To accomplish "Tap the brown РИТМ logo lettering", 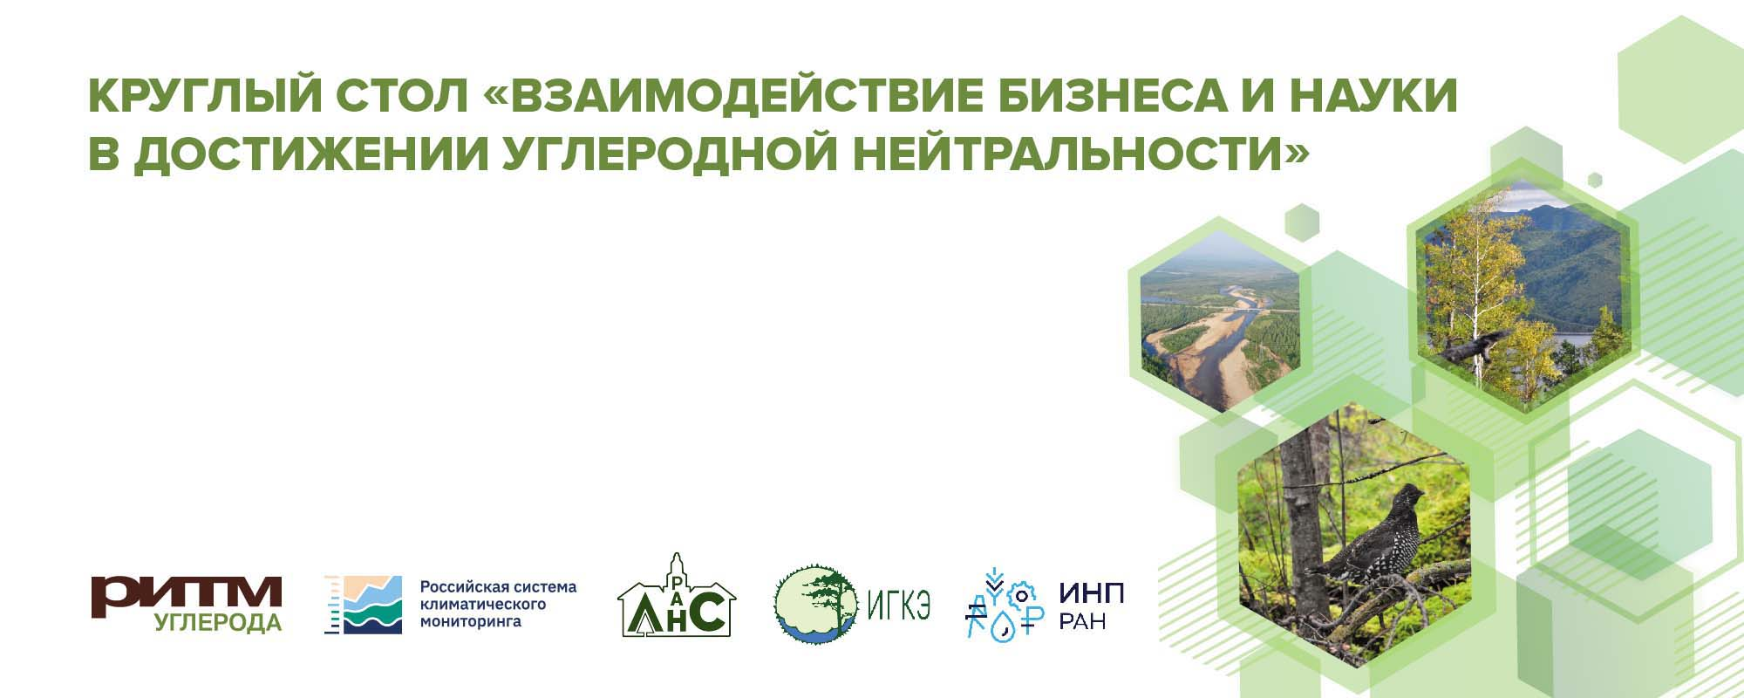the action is tap(187, 594).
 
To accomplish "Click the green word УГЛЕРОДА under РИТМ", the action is tap(218, 623).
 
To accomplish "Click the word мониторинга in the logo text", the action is tap(471, 622).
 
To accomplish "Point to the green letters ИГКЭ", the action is tap(899, 604).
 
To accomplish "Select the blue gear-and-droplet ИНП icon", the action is tap(1004, 606).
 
